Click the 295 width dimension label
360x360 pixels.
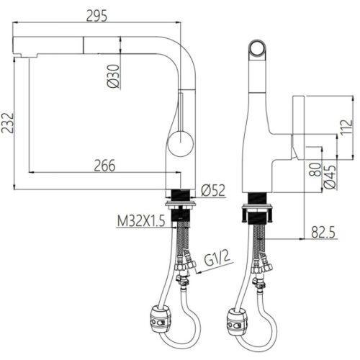(96, 17)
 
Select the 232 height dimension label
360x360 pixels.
(7, 123)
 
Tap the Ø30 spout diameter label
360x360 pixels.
(113, 76)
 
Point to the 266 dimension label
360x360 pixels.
(104, 166)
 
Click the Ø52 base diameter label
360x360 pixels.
(213, 190)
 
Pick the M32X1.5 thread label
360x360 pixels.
(141, 221)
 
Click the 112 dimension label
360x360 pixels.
(346, 128)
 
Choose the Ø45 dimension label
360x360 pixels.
(330, 177)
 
